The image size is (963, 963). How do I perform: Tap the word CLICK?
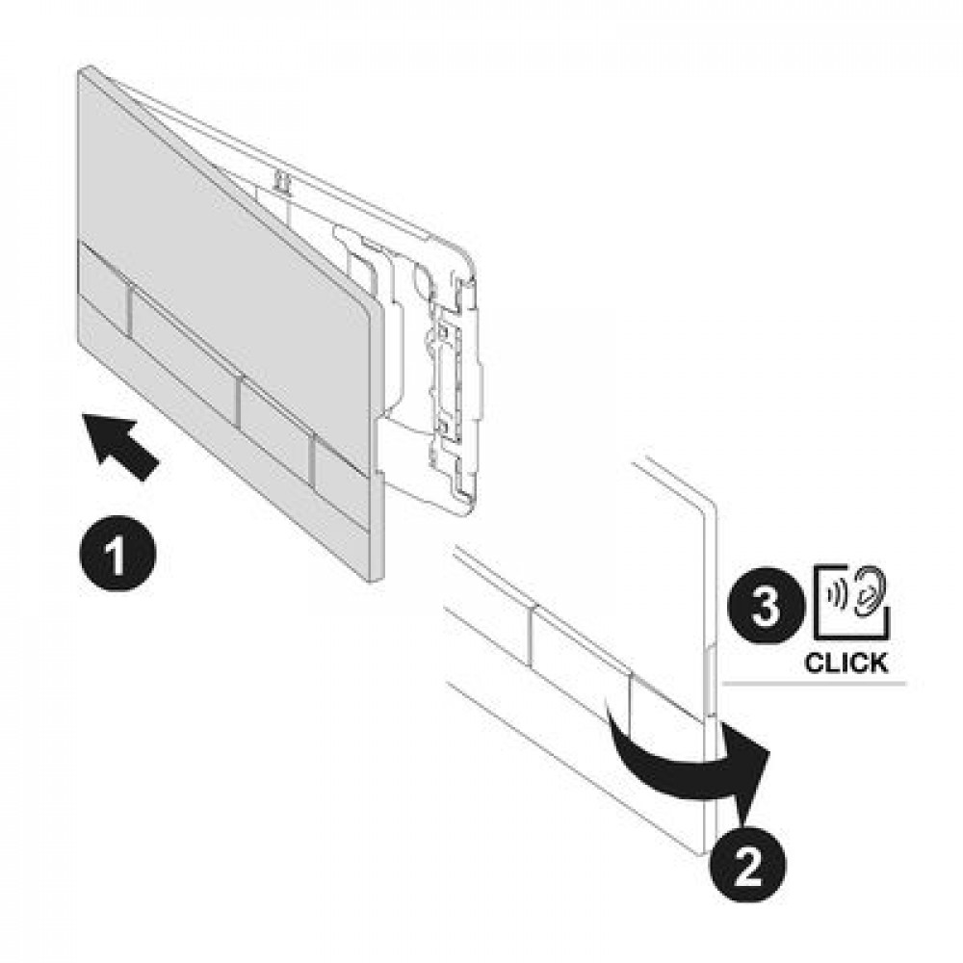click(x=846, y=664)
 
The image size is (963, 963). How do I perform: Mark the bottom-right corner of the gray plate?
click(x=383, y=579)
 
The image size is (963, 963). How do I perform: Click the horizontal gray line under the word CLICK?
click(x=815, y=683)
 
